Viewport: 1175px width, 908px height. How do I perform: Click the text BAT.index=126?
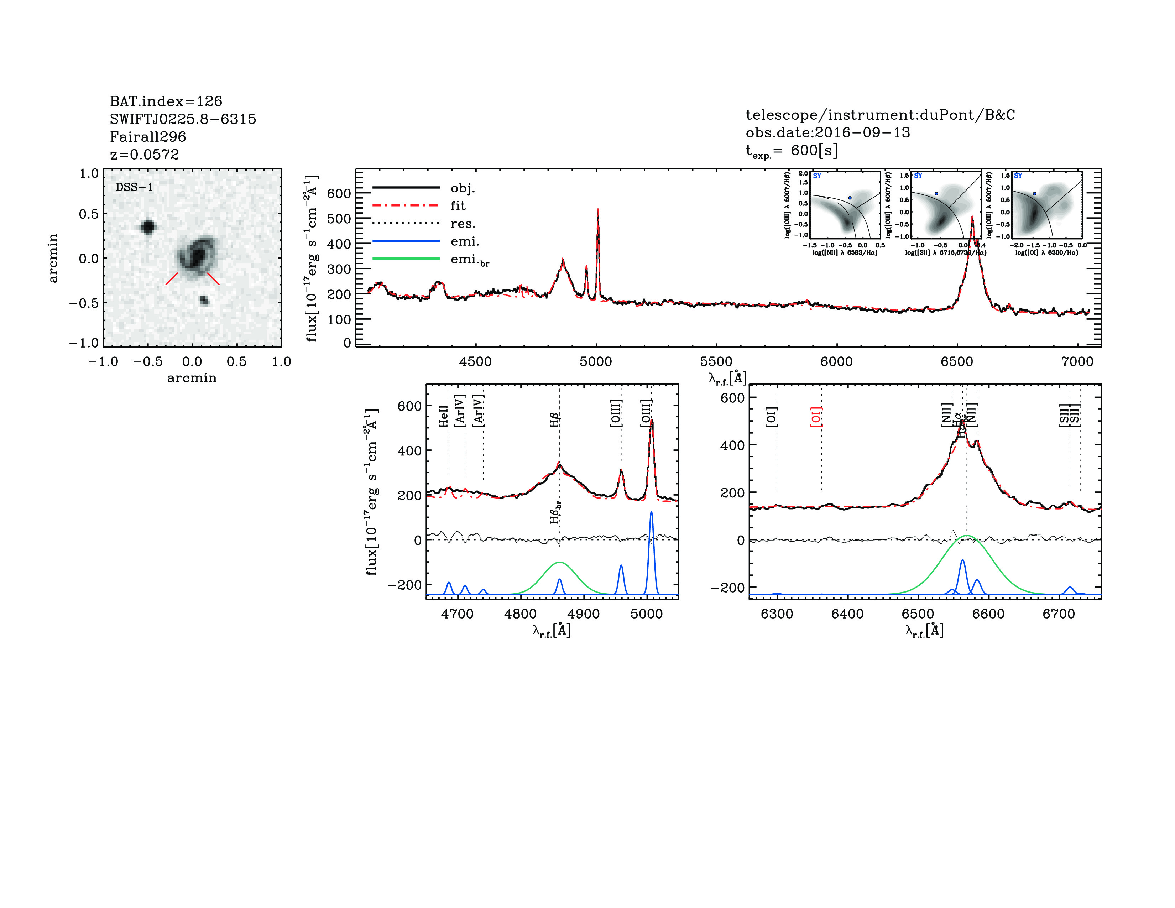tap(166, 101)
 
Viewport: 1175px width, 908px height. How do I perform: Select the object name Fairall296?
tap(148, 137)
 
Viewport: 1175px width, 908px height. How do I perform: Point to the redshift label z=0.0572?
tap(144, 155)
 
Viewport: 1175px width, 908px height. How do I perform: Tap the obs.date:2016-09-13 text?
tap(827, 132)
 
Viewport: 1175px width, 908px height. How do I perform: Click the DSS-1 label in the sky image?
tap(135, 187)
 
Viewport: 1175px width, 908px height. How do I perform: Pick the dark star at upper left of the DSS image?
tap(148, 226)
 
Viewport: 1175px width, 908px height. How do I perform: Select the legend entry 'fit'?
tap(458, 205)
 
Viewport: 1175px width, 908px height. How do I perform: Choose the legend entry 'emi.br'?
tap(469, 260)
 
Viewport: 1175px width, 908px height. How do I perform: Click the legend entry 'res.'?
tap(463, 224)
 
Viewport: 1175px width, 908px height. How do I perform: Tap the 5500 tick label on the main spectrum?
tap(716, 361)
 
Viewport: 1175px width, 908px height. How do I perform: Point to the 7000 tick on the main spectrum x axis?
tap(1077, 361)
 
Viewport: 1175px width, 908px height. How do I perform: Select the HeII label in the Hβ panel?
tap(443, 416)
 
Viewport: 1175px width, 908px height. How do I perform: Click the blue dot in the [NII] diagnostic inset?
tap(850, 198)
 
